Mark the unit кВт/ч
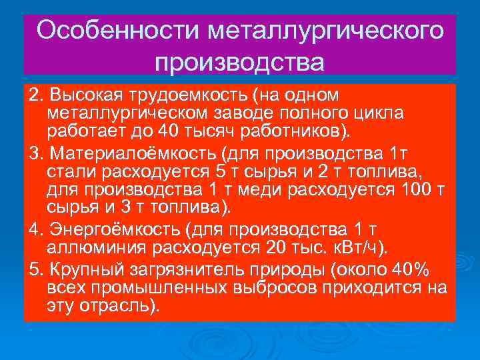pos(361,248)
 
